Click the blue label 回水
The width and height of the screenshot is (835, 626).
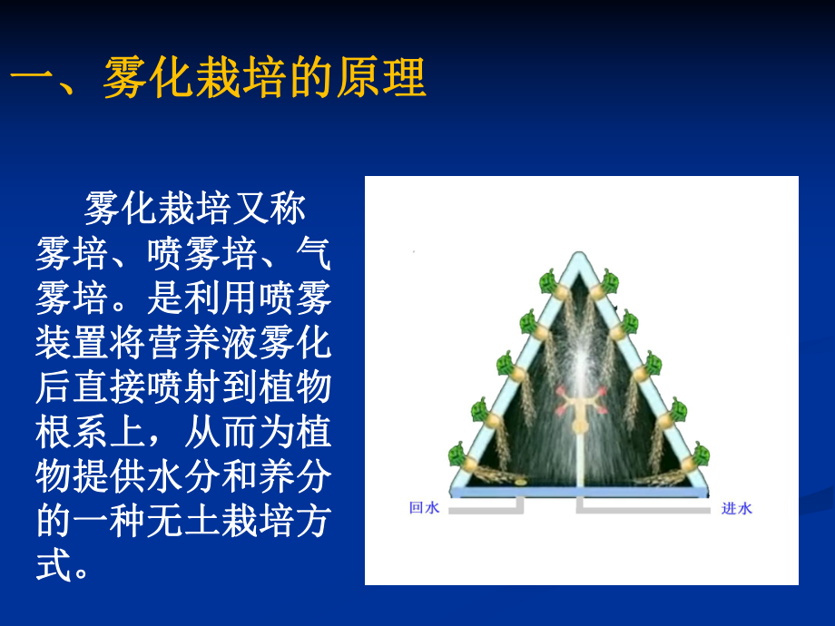click(424, 509)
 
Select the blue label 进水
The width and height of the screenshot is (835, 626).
click(736, 509)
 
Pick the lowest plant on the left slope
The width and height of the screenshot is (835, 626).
click(458, 454)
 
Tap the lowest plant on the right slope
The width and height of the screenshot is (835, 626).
click(701, 454)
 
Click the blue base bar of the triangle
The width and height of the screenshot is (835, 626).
click(581, 491)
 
